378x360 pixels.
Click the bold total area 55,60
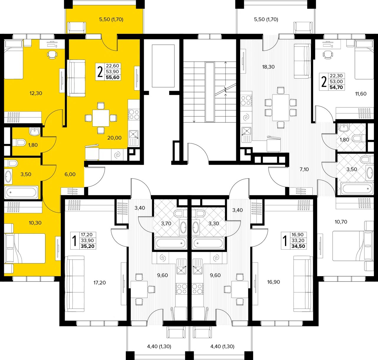click(x=113, y=77)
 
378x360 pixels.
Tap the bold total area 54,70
click(x=336, y=87)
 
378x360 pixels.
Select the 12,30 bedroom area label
click(x=36, y=93)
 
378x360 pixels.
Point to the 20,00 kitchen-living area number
click(x=114, y=138)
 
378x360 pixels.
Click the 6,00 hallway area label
click(x=70, y=174)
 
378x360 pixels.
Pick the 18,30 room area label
click(x=268, y=67)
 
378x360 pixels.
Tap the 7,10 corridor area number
click(x=304, y=169)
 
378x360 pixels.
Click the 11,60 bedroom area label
click(x=361, y=94)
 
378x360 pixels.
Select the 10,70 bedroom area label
click(x=341, y=222)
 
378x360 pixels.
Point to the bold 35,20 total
click(x=87, y=246)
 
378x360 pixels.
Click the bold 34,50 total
click(x=298, y=246)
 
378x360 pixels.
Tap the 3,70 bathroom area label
click(x=166, y=223)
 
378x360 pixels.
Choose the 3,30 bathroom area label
click(x=214, y=223)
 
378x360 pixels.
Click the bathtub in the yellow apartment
click(x=21, y=192)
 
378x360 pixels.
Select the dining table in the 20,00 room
click(x=101, y=118)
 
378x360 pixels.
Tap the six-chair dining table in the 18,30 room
click(x=281, y=108)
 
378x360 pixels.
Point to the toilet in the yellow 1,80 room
click(x=19, y=143)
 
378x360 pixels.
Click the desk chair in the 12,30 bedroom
click(x=52, y=55)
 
